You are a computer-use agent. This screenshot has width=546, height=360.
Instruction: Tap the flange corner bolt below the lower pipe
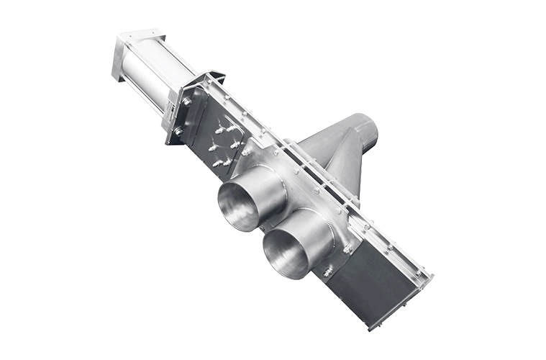(x=328, y=273)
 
